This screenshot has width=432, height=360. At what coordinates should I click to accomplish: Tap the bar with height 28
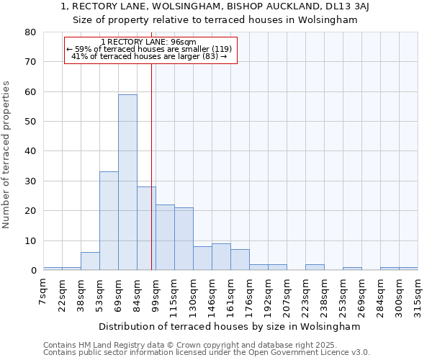pyautogui.click(x=146, y=228)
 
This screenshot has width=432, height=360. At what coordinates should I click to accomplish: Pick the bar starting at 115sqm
pyautogui.click(x=184, y=239)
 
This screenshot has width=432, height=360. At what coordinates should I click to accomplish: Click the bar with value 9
pyautogui.click(x=221, y=257)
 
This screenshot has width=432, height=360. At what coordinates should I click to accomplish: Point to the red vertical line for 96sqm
pyautogui.click(x=151, y=166)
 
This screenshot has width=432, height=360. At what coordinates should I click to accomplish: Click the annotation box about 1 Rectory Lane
pyautogui.click(x=150, y=50)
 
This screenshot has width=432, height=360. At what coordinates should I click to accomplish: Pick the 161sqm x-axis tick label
pyautogui.click(x=230, y=294)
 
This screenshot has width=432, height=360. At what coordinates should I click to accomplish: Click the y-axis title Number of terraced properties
pyautogui.click(x=6, y=154)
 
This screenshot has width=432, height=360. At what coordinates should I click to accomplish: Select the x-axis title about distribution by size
pyautogui.click(x=229, y=326)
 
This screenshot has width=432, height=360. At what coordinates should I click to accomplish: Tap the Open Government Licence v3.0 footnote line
pyautogui.click(x=207, y=353)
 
